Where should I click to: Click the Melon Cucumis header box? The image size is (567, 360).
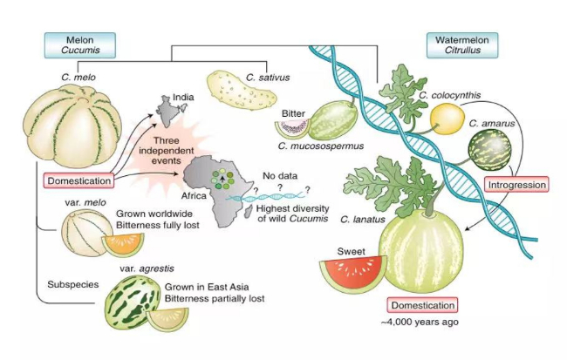pos(79,45)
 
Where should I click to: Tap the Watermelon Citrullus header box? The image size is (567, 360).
pos(461,45)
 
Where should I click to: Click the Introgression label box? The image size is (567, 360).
pos(516,184)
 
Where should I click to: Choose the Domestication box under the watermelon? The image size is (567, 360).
pos(423,305)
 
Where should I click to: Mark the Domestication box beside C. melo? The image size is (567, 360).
pos(79,181)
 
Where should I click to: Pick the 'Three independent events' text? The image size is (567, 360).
pos(172,149)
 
